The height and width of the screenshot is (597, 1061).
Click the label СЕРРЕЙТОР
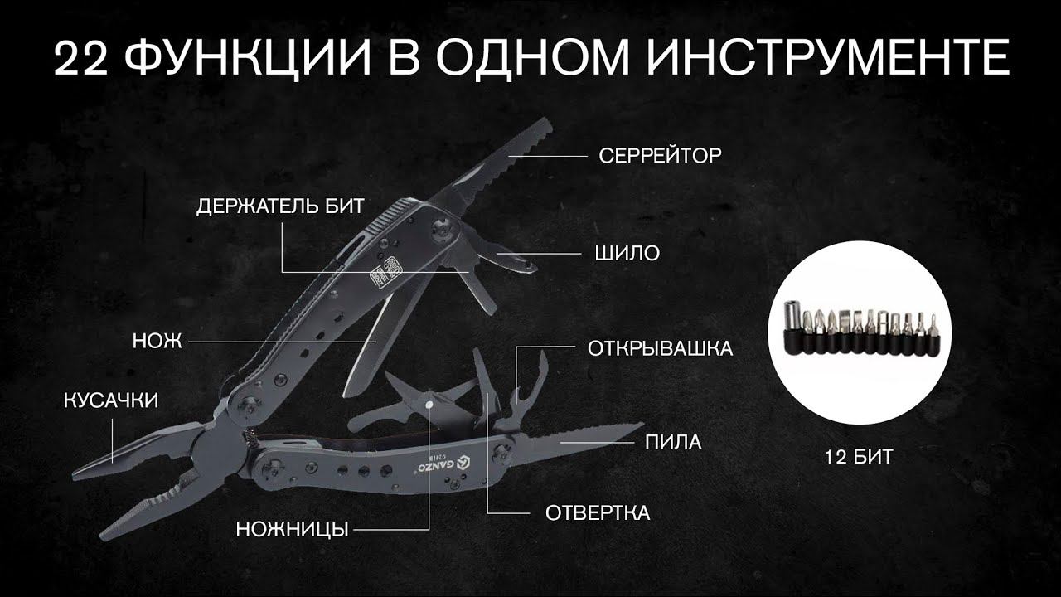pos(660,155)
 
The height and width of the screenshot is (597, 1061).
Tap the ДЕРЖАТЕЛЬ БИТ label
pos(280,206)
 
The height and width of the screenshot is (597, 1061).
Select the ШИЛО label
pos(627,253)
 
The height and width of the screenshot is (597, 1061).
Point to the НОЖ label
pos(157,341)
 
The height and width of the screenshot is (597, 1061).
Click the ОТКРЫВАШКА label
pos(661,349)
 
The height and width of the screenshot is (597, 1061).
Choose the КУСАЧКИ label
pos(111,400)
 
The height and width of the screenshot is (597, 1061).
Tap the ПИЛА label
pos(673,442)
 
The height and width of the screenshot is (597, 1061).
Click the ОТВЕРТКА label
pos(598,513)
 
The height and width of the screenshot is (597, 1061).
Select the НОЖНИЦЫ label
pos(293,529)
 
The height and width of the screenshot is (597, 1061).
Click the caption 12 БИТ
pos(859,457)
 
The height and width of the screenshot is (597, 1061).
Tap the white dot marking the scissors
pos(429,405)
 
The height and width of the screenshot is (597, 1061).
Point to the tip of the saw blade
pos(642,424)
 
